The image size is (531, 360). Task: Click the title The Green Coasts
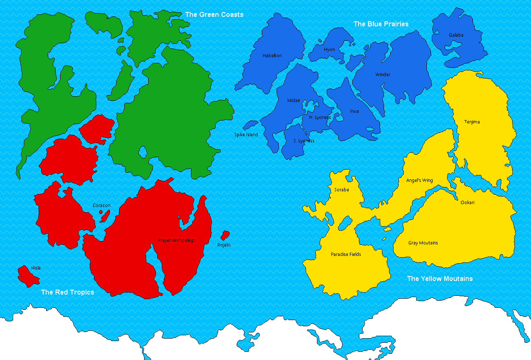pyautogui.click(x=214, y=14)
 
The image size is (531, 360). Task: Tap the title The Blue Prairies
pyautogui.click(x=381, y=24)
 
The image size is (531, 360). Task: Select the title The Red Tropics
pyautogui.click(x=68, y=292)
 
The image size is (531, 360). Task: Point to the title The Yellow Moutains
pyautogui.click(x=440, y=279)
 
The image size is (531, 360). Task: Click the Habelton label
pyautogui.click(x=272, y=56)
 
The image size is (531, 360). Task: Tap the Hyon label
pyautogui.click(x=329, y=49)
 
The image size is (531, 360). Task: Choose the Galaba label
pyautogui.click(x=456, y=35)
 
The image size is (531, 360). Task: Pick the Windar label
pyautogui.click(x=382, y=74)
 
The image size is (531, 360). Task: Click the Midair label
pyautogui.click(x=294, y=100)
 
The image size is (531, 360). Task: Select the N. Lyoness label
pyautogui.click(x=320, y=117)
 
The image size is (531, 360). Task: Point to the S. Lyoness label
pyautogui.click(x=304, y=141)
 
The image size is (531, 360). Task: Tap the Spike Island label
pyautogui.click(x=246, y=135)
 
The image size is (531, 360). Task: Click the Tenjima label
pyautogui.click(x=472, y=122)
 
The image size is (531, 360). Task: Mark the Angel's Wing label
pyautogui.click(x=419, y=180)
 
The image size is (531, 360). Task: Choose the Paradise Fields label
pyautogui.click(x=346, y=254)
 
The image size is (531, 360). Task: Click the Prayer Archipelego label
pyautogui.click(x=177, y=240)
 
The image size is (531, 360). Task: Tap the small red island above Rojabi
pyautogui.click(x=225, y=235)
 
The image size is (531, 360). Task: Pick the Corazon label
pyautogui.click(x=101, y=205)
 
